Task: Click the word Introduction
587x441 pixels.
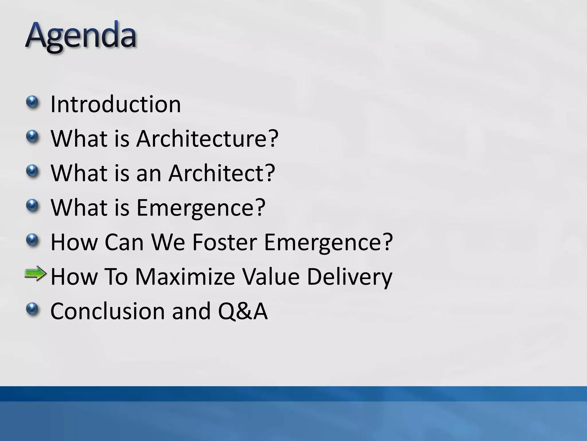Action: (116, 104)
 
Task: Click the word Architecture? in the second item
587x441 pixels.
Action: (207, 139)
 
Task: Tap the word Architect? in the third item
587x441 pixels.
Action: (222, 173)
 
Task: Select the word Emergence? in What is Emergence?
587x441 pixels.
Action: (201, 208)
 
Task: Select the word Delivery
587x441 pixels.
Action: (349, 277)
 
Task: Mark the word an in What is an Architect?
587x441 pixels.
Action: (149, 174)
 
